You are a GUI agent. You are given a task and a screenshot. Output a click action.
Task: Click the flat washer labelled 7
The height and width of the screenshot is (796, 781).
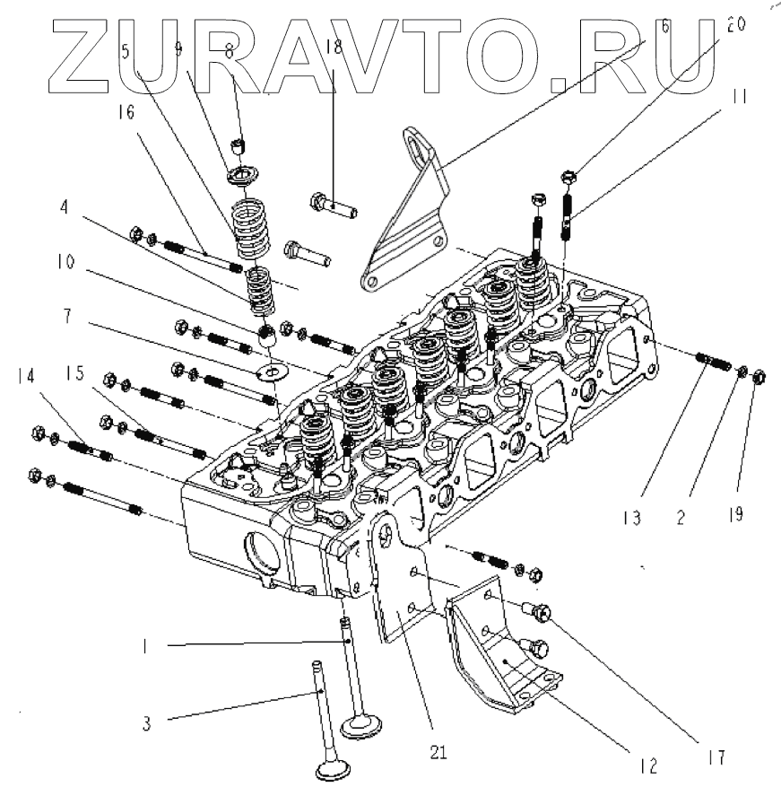270,370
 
